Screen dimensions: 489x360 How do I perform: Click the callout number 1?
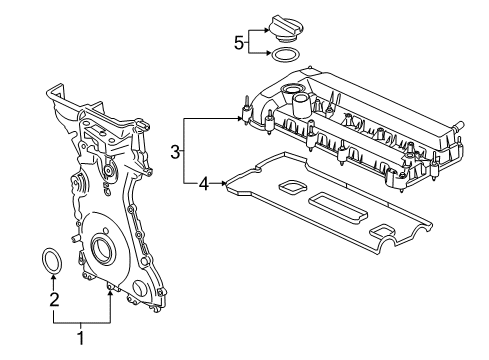click(x=80, y=338)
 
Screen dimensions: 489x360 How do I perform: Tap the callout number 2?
click(x=54, y=300)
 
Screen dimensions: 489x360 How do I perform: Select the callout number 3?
click(x=175, y=152)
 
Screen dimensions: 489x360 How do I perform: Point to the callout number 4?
click(x=204, y=184)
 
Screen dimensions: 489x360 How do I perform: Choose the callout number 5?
click(x=239, y=43)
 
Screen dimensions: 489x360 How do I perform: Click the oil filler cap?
click(x=286, y=29)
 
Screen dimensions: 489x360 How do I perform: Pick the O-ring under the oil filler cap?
click(x=286, y=55)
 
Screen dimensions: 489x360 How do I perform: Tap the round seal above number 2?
click(x=52, y=260)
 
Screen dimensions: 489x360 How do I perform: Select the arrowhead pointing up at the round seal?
click(x=53, y=276)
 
